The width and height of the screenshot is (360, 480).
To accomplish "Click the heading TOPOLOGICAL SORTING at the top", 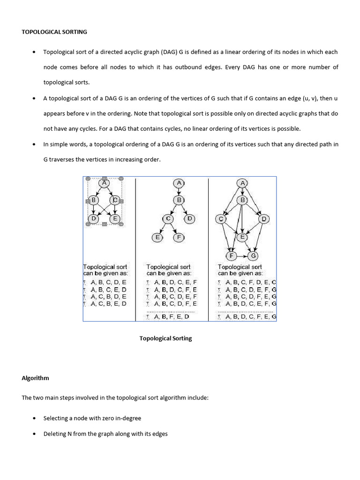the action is point(54,32).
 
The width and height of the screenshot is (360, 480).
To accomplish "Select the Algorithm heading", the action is point(35,378).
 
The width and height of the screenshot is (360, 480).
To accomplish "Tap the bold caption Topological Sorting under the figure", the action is point(165,338).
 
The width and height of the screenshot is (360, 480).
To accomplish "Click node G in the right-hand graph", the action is point(254,255).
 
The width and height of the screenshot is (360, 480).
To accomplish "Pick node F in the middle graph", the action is point(179,237).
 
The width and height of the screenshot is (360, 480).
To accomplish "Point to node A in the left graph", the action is point(104,183).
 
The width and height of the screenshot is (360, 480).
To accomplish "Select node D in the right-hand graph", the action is point(263,219).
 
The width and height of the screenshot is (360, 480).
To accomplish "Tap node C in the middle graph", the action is point(168,219).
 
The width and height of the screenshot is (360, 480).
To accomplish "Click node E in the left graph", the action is point(115,218).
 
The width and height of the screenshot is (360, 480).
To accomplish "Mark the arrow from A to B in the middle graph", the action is point(179,192).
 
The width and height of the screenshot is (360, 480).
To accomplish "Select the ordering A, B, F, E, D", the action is point(172,316).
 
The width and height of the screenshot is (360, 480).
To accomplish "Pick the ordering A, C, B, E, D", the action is point(109,304).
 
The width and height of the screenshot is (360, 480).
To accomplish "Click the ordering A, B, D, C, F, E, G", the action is point(251,316).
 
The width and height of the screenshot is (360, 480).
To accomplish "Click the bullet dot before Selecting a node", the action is point(34,419).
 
